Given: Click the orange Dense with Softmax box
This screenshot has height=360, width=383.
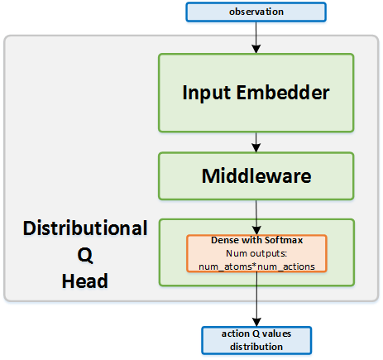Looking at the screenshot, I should [x=257, y=253].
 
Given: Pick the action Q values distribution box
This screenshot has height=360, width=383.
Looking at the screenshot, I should [x=258, y=339].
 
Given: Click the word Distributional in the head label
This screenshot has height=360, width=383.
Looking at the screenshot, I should [x=85, y=228].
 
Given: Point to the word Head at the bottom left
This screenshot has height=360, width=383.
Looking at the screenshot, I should [x=85, y=281].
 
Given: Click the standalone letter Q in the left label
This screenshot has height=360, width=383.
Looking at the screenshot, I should [x=85, y=255].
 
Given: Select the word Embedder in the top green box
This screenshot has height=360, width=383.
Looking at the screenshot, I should [x=291, y=92].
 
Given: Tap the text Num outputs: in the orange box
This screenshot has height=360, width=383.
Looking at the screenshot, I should [x=256, y=252].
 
